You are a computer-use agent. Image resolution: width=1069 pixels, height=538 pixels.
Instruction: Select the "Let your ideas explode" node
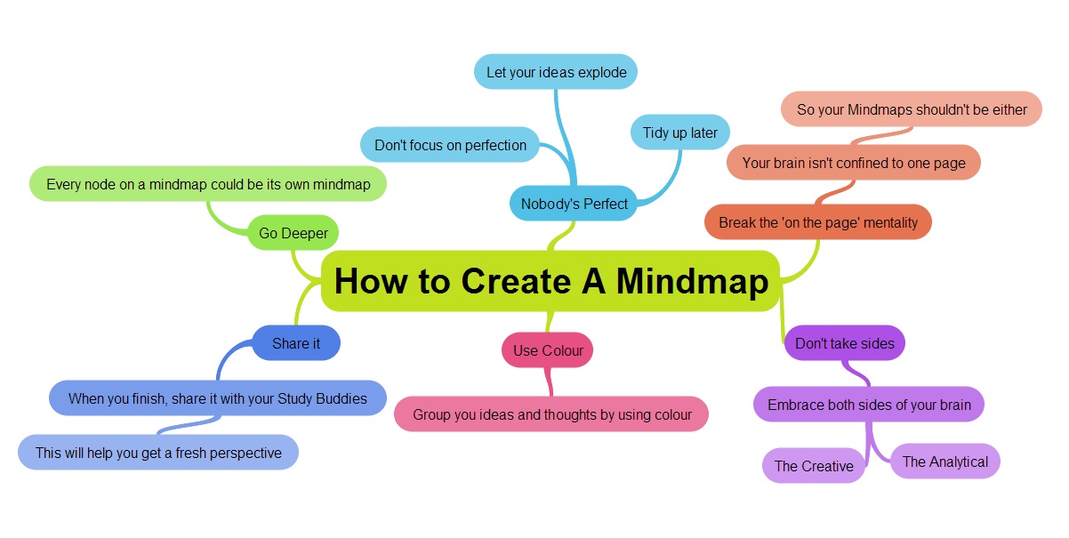556,72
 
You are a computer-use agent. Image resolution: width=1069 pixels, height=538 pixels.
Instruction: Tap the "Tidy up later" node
679,132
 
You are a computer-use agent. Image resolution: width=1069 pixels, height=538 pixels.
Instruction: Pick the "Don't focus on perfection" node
450,145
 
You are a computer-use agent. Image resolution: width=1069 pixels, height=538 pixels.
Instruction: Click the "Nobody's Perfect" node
574,204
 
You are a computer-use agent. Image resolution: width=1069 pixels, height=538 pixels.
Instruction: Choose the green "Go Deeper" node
293,233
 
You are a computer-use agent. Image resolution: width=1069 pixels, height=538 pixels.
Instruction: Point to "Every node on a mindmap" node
208,185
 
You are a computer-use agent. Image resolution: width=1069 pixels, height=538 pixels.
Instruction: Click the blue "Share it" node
296,343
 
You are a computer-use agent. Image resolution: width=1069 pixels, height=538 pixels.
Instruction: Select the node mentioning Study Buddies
217,398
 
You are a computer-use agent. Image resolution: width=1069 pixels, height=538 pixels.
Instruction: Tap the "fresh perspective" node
158,453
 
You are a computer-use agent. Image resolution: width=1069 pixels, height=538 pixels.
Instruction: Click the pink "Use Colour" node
548,350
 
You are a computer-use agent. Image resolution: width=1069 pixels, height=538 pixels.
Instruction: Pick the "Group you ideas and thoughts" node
551,414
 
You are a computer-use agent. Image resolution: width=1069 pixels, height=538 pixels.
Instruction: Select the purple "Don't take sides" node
844,343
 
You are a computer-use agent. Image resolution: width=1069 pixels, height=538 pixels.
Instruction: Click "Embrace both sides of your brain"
868,405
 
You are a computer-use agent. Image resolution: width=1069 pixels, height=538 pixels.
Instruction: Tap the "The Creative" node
813,466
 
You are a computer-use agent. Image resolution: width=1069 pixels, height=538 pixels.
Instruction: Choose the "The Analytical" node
944,462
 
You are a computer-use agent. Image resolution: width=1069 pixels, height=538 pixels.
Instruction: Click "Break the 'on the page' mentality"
817,222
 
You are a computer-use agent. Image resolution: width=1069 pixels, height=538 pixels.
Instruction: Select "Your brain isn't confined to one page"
853,163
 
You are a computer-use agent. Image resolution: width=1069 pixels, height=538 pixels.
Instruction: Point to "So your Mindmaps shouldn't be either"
912,109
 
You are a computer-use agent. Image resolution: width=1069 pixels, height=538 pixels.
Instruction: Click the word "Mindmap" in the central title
692,281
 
